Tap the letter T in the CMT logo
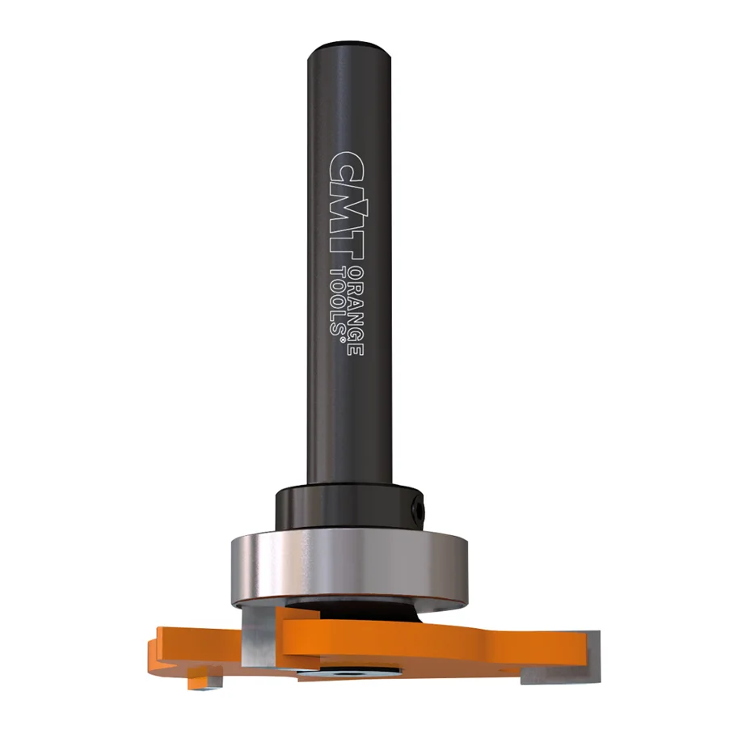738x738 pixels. coord(346,237)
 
